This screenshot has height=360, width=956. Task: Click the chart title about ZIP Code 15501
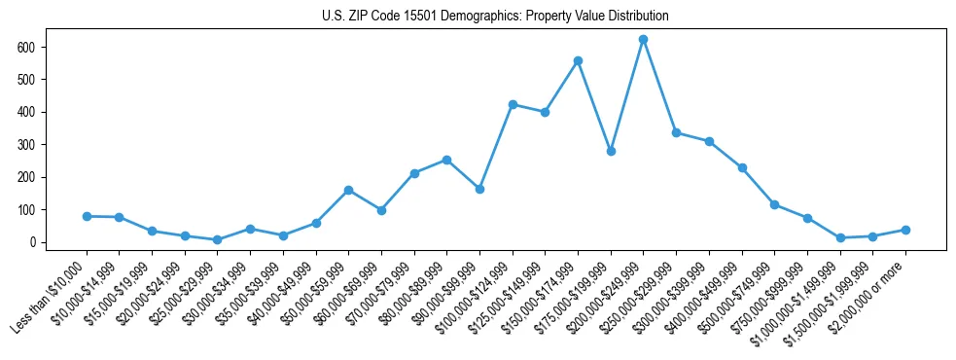[495, 17]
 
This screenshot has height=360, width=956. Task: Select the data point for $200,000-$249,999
[643, 40]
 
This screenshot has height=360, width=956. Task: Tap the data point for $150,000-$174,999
[578, 60]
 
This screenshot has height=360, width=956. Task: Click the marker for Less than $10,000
[87, 216]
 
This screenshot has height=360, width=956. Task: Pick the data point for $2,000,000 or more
[905, 230]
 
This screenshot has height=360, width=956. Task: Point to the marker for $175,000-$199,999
[611, 151]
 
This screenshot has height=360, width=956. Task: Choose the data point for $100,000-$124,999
[513, 104]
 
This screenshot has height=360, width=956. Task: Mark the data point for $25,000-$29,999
[218, 239]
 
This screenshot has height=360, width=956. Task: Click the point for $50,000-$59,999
[348, 190]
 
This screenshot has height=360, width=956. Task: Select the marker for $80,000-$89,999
[446, 160]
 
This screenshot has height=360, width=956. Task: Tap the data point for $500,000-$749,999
[774, 204]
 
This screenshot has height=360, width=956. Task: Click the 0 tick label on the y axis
[32, 242]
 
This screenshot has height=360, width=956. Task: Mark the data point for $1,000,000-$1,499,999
[839, 237]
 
